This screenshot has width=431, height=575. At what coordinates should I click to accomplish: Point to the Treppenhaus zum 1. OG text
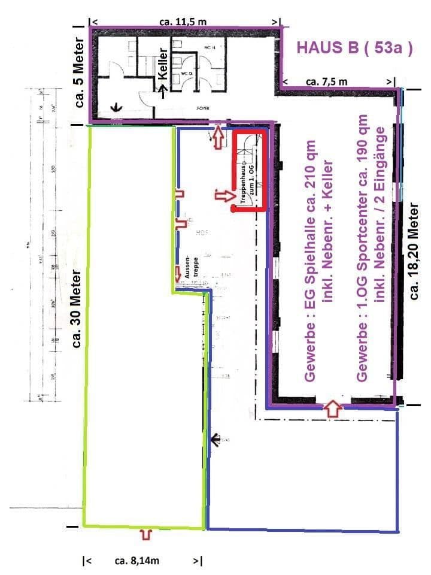click(x=247, y=186)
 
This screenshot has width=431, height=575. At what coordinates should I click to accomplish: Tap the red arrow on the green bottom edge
click(x=145, y=534)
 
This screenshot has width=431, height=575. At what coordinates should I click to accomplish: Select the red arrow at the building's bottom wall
click(x=332, y=410)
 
